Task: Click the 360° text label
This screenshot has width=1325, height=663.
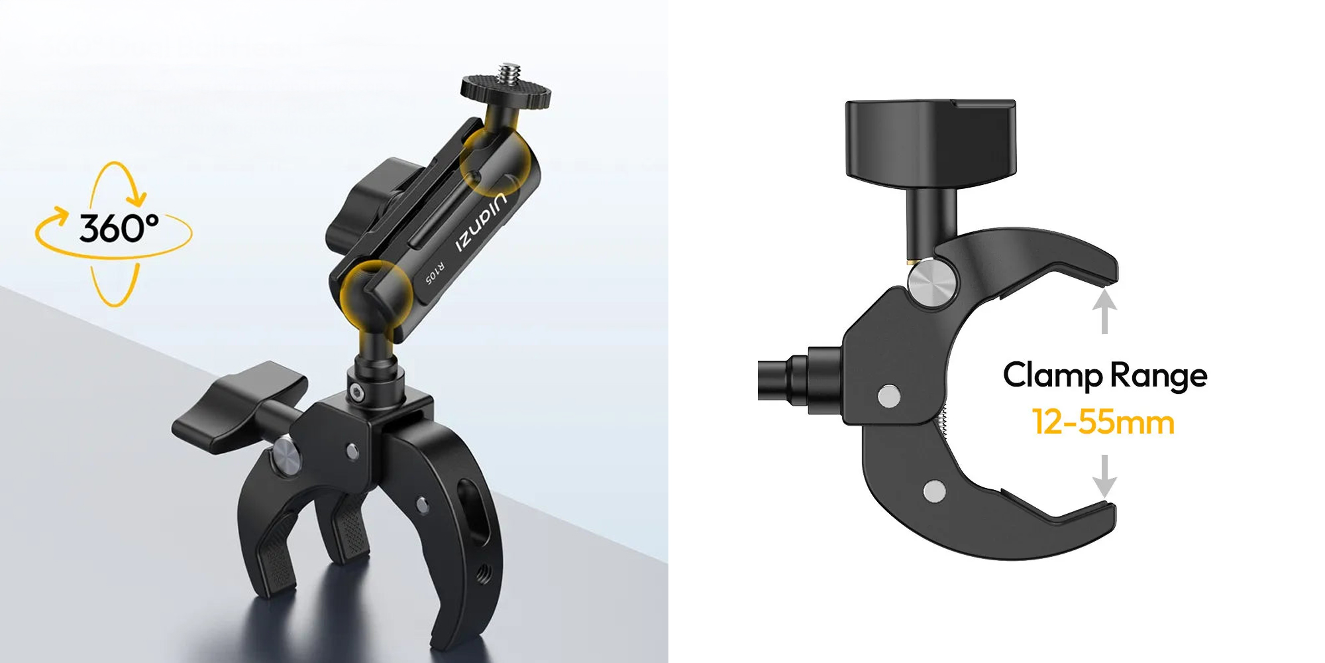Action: pos(119,228)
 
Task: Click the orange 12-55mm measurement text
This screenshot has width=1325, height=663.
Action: pos(1103,422)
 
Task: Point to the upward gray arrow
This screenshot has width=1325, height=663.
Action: pos(1104,312)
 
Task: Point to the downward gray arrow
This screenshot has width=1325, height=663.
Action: pos(1104,475)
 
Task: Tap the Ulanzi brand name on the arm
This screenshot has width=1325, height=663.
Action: pos(482,223)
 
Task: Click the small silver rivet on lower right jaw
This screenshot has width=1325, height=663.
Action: pos(934,491)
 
